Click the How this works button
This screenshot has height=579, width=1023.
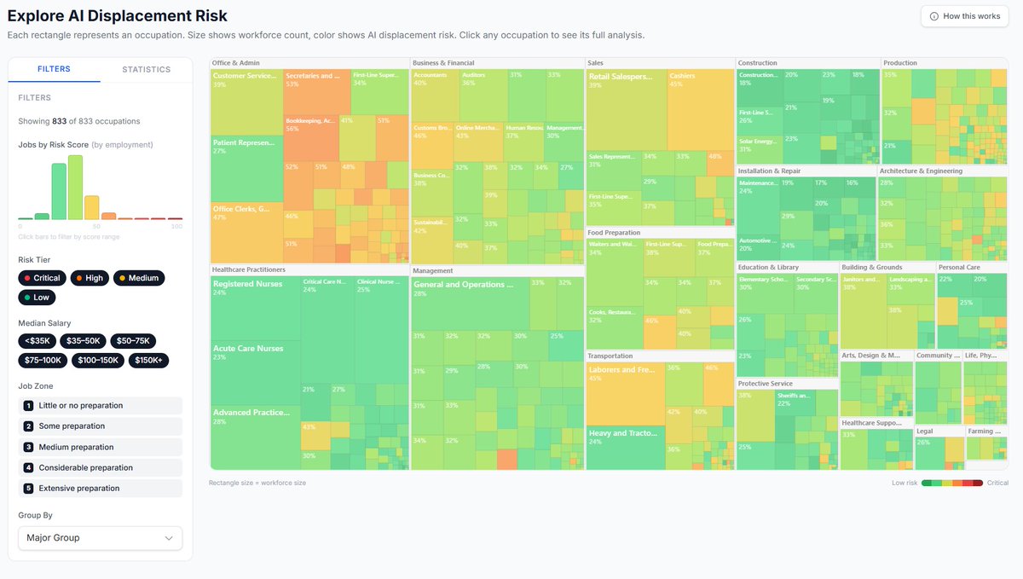(x=964, y=16)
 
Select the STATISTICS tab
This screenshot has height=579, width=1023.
(x=146, y=69)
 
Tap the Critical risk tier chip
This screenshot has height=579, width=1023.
(x=42, y=278)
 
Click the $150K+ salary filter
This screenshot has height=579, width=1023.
(x=148, y=361)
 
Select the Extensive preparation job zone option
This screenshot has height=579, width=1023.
(x=100, y=489)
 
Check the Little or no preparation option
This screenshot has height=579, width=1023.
(x=100, y=406)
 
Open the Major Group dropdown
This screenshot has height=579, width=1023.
(x=100, y=538)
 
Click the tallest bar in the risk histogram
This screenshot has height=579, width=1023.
(x=75, y=188)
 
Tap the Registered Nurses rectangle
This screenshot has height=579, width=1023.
(x=254, y=307)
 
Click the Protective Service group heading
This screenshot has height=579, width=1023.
(x=765, y=384)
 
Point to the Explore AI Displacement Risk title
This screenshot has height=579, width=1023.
(x=118, y=16)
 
